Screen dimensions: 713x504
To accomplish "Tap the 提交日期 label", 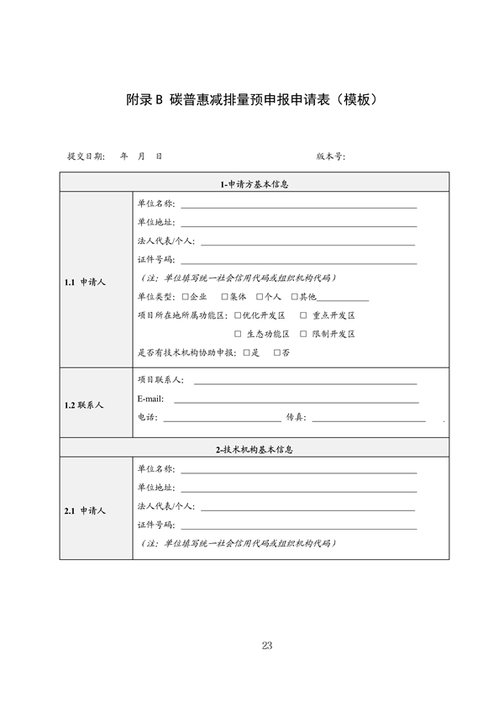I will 86,156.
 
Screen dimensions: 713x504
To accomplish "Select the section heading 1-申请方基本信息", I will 254,184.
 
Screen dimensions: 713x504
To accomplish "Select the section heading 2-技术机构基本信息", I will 254,450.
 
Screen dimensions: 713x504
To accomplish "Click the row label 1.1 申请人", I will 85,283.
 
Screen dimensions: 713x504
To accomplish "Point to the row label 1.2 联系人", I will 84,404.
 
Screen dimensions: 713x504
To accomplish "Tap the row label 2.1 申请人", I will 85,510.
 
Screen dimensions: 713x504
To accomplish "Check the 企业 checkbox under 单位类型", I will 185,297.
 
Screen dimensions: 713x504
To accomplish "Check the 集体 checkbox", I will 224,297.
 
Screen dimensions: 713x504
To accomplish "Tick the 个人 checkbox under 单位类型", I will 260,297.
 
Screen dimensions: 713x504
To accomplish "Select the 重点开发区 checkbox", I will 303,315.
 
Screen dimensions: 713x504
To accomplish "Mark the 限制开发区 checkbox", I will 303,334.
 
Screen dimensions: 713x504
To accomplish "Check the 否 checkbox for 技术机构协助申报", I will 277,353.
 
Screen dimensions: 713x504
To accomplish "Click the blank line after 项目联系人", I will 306,382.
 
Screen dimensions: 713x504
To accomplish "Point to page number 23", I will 267,646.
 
